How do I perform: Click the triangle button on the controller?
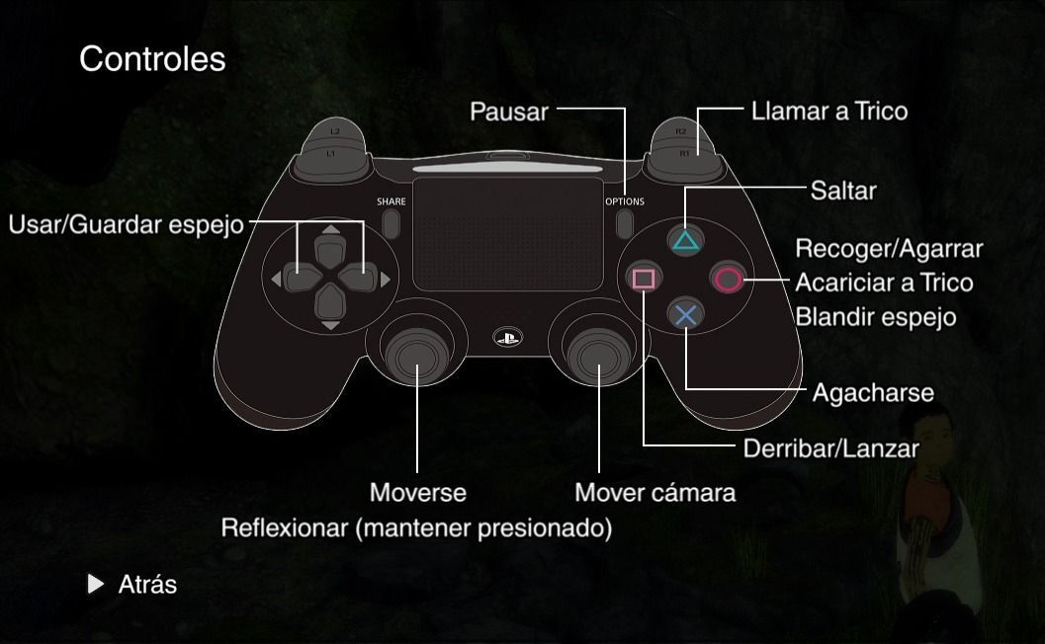[684, 240]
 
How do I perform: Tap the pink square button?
[644, 279]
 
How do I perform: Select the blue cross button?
[684, 315]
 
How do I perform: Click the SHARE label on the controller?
[391, 201]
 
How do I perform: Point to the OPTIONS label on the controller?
[625, 201]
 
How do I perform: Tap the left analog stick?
[416, 356]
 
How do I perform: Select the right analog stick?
[599, 356]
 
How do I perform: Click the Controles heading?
[152, 59]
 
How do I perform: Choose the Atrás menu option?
[146, 585]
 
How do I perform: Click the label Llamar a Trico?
[828, 111]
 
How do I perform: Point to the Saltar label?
[843, 190]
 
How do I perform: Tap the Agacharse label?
[873, 393]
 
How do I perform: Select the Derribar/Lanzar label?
[830, 449]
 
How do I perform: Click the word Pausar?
[508, 112]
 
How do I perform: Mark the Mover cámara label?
[654, 492]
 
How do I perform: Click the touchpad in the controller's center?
[507, 240]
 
